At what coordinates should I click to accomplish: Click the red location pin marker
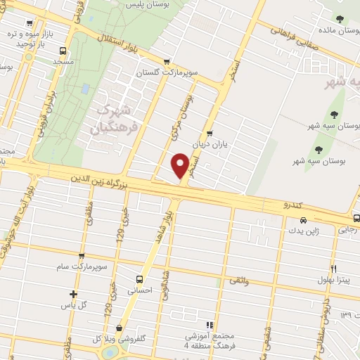tap(181, 166)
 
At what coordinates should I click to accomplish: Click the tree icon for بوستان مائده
tap(340, 19)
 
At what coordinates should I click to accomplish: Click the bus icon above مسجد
tap(63, 51)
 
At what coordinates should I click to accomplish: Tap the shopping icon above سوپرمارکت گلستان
tap(166, 62)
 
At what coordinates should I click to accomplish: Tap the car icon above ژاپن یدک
tap(294, 219)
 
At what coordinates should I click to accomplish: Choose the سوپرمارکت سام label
tap(82, 267)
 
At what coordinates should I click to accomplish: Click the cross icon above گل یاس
tap(73, 294)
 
